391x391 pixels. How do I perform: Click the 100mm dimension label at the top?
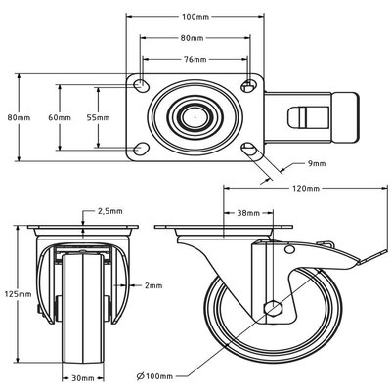coord(195,17)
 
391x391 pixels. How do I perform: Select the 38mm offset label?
coord(248,211)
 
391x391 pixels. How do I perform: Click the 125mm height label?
coord(13,292)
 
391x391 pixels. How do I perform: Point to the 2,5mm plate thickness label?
coord(110,209)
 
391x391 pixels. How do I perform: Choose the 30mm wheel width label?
coord(82,376)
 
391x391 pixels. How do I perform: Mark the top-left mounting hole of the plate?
coord(144,84)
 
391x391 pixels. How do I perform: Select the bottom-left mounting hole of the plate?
coord(144,149)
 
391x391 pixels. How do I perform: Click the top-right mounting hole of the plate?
coord(248,84)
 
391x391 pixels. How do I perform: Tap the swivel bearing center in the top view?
coord(195,116)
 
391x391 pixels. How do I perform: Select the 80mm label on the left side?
coord(13,116)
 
